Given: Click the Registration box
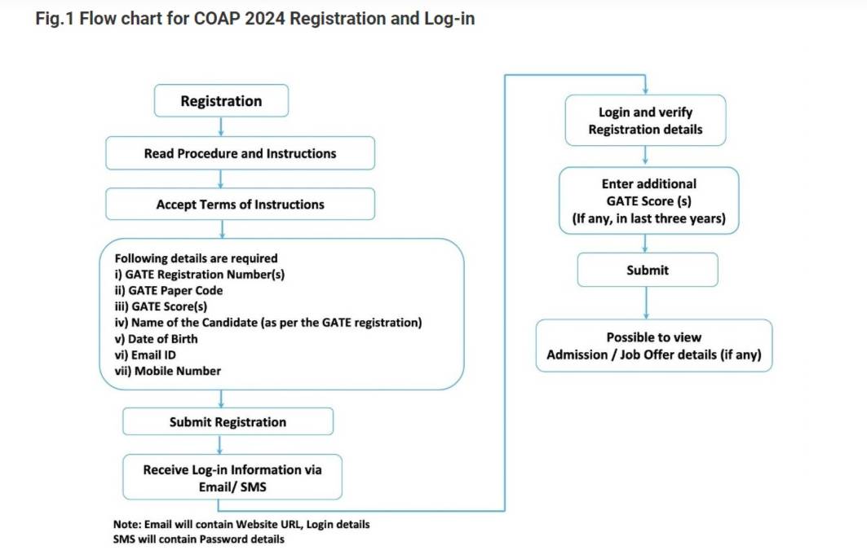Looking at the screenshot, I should click(221, 101).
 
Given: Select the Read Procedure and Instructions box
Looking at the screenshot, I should click(240, 153).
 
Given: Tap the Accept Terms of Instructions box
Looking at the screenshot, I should click(240, 205).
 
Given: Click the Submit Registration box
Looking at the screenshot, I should click(228, 422).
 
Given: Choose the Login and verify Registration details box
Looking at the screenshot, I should click(645, 121).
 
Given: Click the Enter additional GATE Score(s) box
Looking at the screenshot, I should click(648, 201).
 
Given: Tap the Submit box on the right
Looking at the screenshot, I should click(648, 270).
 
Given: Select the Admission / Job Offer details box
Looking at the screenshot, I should click(653, 346).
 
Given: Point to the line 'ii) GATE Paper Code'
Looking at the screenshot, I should click(169, 290).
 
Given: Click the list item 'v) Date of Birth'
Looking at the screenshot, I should click(156, 338).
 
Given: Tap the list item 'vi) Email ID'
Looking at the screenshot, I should click(145, 354).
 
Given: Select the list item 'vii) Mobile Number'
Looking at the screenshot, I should click(168, 371).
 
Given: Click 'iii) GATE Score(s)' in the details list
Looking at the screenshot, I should click(161, 306).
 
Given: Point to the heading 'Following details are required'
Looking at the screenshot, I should click(196, 258).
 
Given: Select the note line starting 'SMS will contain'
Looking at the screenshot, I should click(199, 539).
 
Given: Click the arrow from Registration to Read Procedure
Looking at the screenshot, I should click(221, 126).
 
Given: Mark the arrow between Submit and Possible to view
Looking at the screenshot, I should click(647, 302).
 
